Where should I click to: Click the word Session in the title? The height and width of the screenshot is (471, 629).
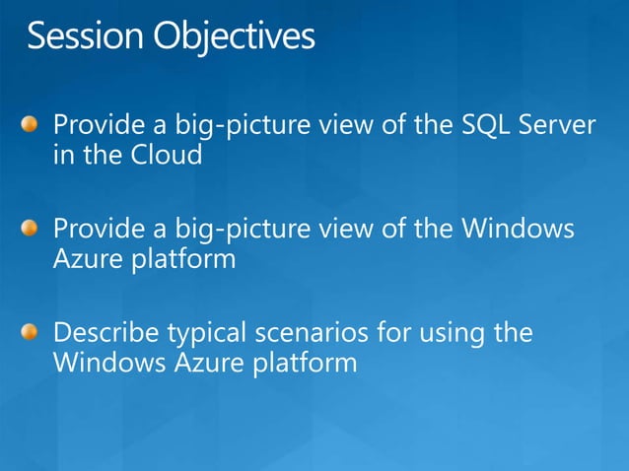(85, 37)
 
